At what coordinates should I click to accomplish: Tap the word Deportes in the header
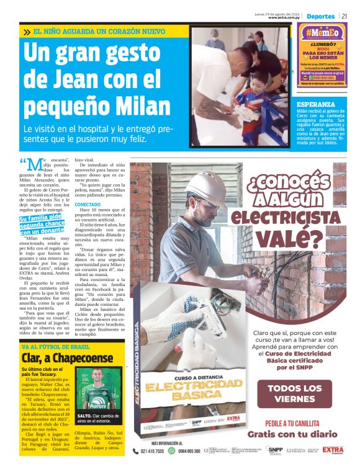tap(321, 16)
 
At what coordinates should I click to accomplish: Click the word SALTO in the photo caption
tap(85, 416)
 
